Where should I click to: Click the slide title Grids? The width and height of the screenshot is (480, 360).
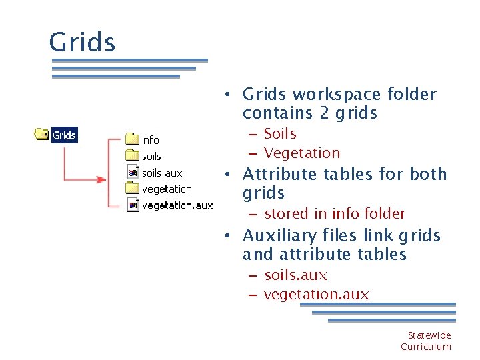click(x=82, y=43)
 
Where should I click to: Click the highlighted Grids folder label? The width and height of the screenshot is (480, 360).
click(x=65, y=135)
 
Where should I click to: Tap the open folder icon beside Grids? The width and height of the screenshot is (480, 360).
click(x=42, y=135)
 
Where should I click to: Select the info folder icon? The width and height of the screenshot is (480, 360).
click(x=132, y=139)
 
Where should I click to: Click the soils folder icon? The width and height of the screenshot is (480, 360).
click(x=132, y=156)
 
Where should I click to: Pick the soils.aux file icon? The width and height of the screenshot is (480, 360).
click(x=132, y=173)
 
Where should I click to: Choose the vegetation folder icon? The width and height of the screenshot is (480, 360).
click(x=132, y=189)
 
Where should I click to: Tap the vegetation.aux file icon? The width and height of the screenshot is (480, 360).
click(x=132, y=205)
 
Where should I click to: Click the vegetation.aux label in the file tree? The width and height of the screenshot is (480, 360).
click(x=177, y=205)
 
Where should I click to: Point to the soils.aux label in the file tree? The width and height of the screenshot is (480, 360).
click(x=162, y=173)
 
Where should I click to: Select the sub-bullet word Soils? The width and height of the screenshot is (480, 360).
click(x=280, y=134)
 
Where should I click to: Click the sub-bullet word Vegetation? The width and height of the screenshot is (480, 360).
click(x=302, y=153)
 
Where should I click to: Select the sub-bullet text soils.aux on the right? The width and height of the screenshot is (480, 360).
click(x=295, y=275)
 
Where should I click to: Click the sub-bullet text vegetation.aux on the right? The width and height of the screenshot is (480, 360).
click(x=316, y=294)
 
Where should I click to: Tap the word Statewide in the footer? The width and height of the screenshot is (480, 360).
click(x=429, y=335)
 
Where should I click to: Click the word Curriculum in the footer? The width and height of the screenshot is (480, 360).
click(x=426, y=347)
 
